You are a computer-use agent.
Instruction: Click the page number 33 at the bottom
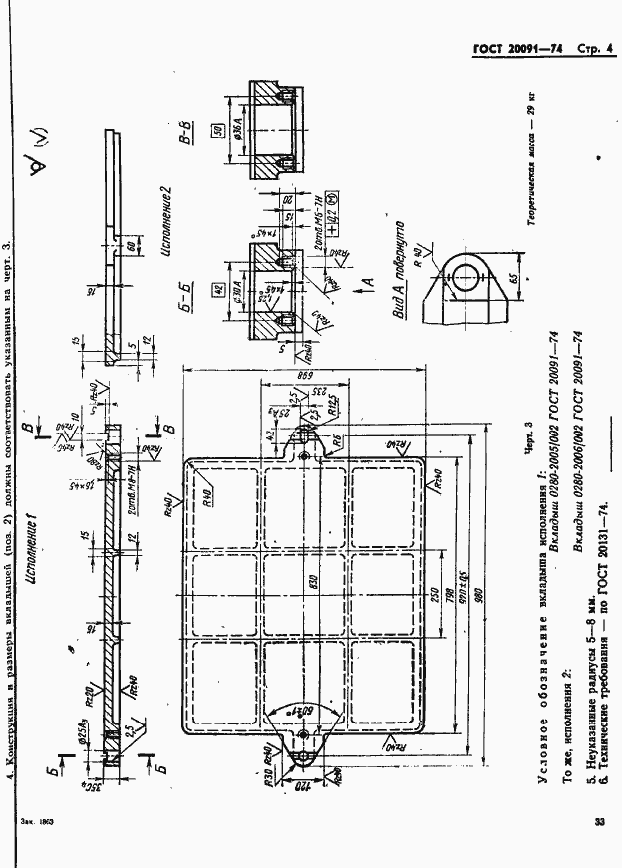tap(598, 823)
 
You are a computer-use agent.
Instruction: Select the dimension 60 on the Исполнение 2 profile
tap(130, 245)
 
